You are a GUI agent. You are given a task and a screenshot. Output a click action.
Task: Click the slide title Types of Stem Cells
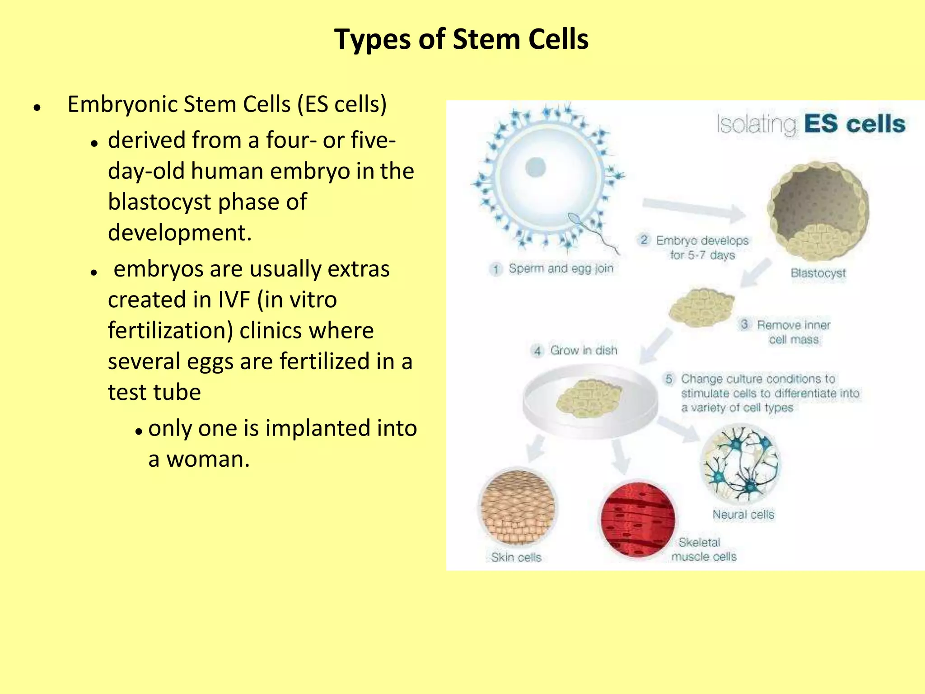point(461,39)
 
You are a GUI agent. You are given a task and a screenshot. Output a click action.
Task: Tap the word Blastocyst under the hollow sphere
point(818,273)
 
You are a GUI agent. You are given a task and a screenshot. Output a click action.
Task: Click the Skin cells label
point(516,557)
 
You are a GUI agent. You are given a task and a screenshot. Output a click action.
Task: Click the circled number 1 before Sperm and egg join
point(496,269)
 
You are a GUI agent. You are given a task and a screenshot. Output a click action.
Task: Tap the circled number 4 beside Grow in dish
point(537,351)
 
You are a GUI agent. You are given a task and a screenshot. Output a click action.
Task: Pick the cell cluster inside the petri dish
point(589,398)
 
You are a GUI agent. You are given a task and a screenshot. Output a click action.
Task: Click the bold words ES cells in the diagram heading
point(855,124)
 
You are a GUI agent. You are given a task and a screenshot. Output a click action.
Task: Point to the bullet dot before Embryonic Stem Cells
point(37,108)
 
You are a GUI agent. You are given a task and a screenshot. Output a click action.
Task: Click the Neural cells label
point(743,514)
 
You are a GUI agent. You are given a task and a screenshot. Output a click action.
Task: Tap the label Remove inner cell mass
point(793,332)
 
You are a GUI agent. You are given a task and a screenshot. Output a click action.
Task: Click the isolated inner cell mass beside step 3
point(701,308)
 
